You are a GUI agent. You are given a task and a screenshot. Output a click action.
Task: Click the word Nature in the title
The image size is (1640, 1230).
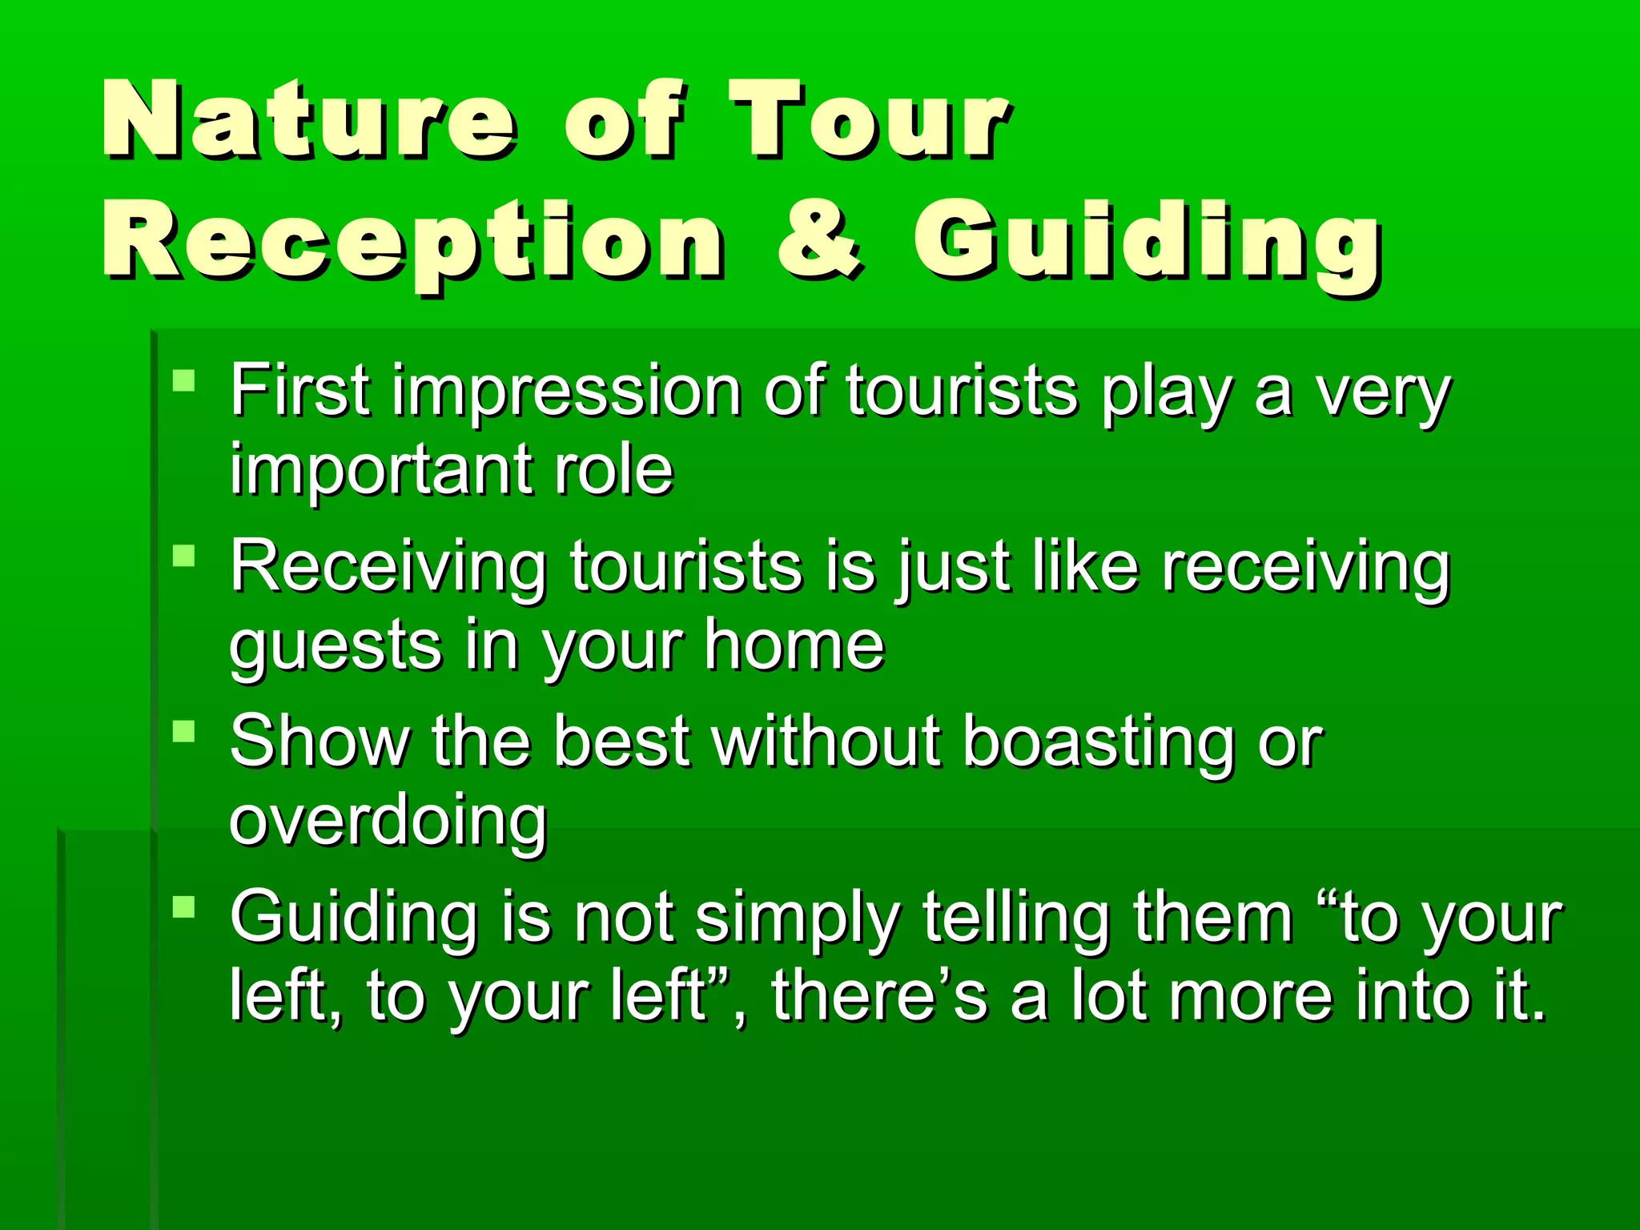tap(308, 120)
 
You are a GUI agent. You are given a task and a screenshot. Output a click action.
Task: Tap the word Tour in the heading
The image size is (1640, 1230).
tap(869, 120)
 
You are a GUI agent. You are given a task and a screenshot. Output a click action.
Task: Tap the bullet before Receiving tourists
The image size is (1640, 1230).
tap(184, 555)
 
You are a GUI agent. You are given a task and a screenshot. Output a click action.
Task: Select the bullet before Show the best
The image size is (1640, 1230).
tap(184, 731)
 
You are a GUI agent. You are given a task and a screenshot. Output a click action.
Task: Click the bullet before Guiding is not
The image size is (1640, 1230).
tap(184, 906)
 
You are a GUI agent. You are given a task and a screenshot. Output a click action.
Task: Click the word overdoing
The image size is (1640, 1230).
tap(388, 823)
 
